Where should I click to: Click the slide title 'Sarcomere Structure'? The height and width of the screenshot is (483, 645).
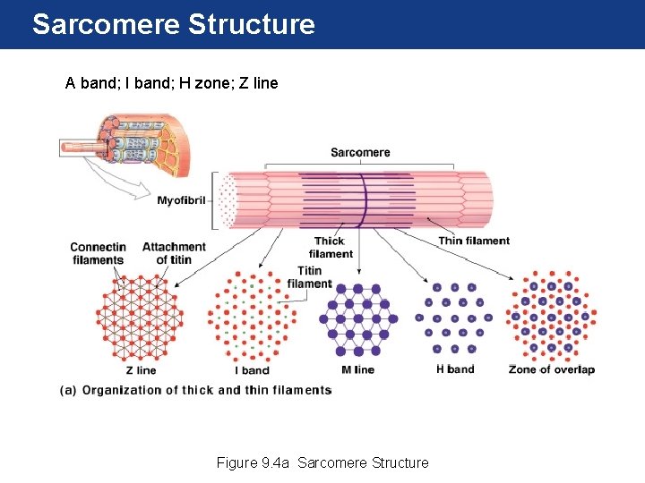[x=173, y=24]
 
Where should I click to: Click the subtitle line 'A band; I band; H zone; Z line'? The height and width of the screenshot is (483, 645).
[x=171, y=84]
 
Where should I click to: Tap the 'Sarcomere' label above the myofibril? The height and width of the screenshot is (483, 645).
[x=360, y=152]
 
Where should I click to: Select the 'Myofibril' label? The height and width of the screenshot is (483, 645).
[x=183, y=199]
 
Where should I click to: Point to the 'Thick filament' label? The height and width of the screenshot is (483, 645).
[x=331, y=248]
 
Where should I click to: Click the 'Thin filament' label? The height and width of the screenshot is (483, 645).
[x=474, y=241]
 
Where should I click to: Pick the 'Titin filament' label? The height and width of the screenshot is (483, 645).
[x=309, y=277]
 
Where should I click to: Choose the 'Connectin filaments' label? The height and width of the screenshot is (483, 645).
[x=98, y=253]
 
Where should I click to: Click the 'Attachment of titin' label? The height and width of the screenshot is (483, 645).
[x=174, y=253]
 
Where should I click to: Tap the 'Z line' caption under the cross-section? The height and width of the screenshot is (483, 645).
[x=141, y=370]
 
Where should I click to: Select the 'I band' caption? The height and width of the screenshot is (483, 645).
[x=251, y=370]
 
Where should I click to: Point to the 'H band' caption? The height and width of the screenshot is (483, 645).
[x=454, y=369]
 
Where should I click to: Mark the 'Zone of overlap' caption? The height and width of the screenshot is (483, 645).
[x=551, y=369]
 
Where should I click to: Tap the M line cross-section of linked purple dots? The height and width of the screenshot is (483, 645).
[x=359, y=319]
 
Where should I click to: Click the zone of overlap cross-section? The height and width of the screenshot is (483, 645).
[x=551, y=316]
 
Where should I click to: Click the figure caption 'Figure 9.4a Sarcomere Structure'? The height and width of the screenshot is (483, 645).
[x=322, y=462]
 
